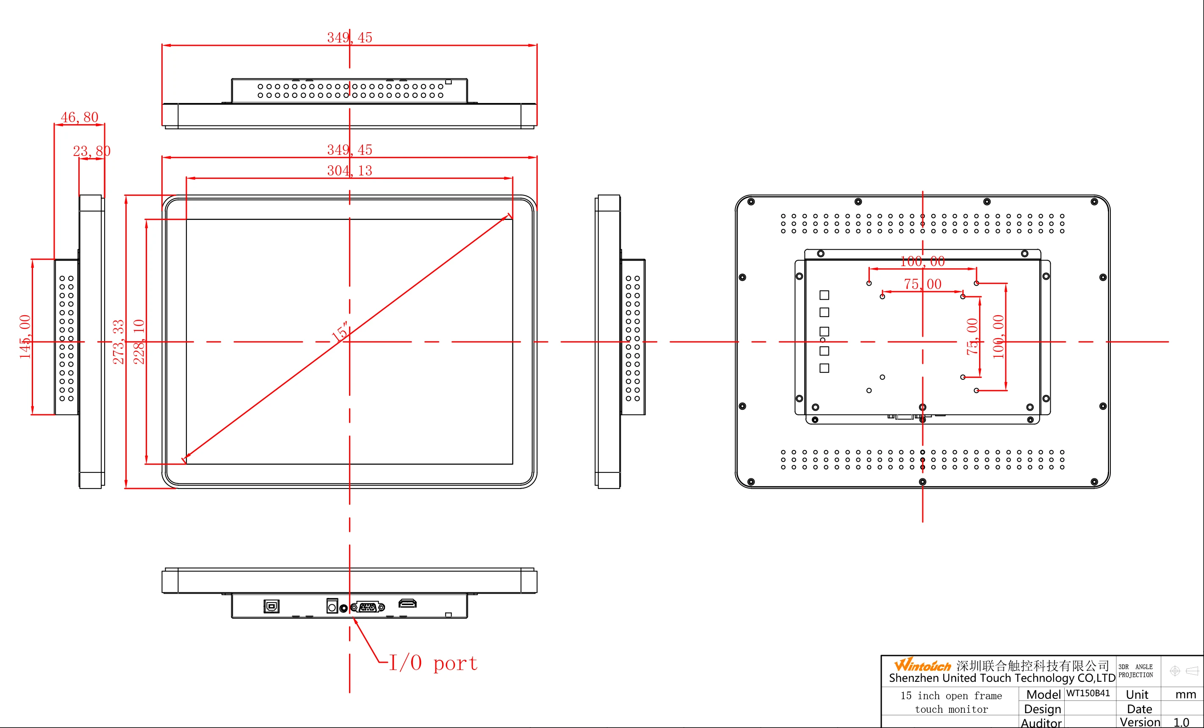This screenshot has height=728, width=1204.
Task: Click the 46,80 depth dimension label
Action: [x=79, y=117]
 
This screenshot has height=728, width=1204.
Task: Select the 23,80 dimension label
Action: [x=91, y=151]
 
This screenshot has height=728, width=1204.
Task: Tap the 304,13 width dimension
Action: [x=349, y=171]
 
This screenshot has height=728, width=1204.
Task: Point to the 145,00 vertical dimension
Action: [x=25, y=337]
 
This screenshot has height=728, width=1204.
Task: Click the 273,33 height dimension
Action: [x=119, y=342]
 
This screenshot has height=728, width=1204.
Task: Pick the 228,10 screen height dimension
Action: [x=139, y=342]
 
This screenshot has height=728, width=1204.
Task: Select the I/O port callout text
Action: [x=433, y=664]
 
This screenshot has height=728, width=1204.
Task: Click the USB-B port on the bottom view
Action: [x=272, y=606]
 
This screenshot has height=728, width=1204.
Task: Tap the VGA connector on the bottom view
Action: [x=368, y=607]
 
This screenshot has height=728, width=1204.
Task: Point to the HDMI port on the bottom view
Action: [x=407, y=603]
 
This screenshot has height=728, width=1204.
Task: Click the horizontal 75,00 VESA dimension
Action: [x=922, y=284]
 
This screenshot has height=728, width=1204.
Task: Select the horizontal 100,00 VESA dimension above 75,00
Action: [x=922, y=261]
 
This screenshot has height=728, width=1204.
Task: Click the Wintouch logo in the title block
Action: [x=922, y=665]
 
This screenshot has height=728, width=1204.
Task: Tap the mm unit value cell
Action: [x=1185, y=694]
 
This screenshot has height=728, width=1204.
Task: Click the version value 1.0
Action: [x=1181, y=722]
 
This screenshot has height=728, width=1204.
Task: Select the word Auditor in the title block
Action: [x=1041, y=722]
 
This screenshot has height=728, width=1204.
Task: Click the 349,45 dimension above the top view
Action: [x=349, y=38]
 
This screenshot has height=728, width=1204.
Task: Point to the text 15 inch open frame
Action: [x=951, y=696]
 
